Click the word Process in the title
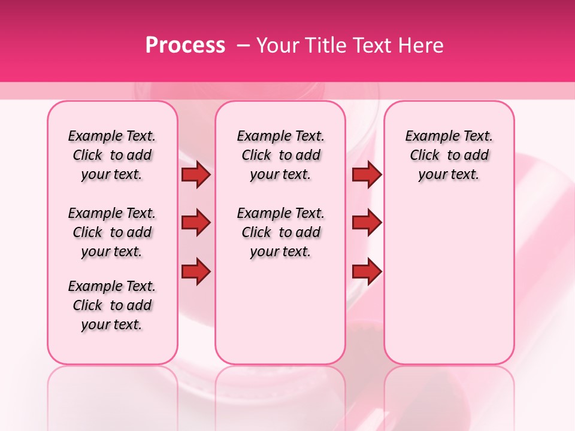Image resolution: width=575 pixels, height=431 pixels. click(x=185, y=45)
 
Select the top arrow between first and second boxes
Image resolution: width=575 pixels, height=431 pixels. click(x=196, y=175)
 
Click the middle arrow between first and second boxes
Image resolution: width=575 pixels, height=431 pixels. click(x=196, y=223)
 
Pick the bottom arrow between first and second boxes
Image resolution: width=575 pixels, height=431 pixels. click(x=196, y=272)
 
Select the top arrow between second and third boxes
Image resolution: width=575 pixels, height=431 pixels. click(x=367, y=175)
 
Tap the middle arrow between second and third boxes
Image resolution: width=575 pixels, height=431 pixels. click(x=367, y=223)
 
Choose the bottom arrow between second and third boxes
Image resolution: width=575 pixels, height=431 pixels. click(x=367, y=272)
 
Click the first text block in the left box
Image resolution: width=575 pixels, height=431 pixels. click(x=112, y=155)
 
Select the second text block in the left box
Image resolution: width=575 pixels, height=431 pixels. click(x=112, y=232)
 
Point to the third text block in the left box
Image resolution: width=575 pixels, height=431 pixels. click(x=112, y=305)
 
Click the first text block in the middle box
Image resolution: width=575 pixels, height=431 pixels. click(x=281, y=155)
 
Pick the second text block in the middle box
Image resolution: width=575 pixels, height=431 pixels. click(x=281, y=232)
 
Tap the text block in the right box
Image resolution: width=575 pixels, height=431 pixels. click(x=449, y=155)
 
